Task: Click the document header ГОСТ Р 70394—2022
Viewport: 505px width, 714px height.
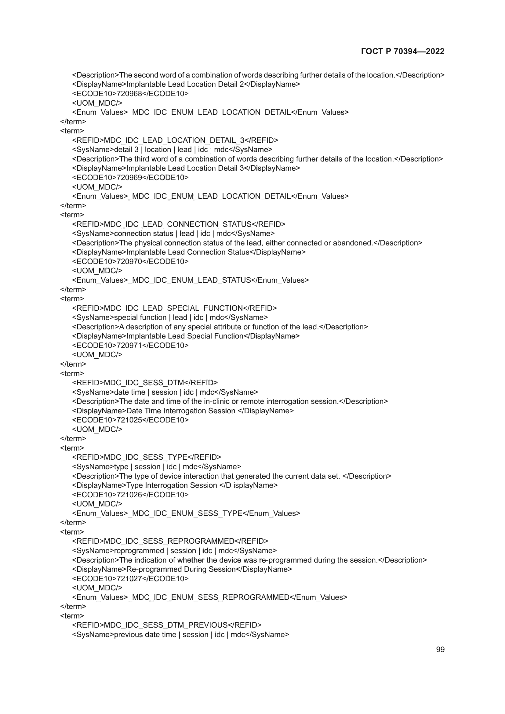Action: click(403, 51)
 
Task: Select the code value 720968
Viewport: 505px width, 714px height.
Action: click(129, 94)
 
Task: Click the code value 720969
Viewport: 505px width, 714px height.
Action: click(129, 178)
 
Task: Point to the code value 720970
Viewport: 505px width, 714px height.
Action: click(129, 262)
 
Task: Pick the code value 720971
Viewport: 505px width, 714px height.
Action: click(129, 346)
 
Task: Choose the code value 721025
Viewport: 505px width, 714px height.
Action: click(129, 420)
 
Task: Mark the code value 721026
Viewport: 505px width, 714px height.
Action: click(129, 495)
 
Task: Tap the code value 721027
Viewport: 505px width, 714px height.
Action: click(129, 579)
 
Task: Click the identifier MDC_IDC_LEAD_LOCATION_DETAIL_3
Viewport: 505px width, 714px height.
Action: click(174, 140)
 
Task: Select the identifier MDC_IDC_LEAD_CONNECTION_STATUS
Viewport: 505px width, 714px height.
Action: click(178, 224)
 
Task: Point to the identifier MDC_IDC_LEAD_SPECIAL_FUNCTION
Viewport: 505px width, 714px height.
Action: click(173, 308)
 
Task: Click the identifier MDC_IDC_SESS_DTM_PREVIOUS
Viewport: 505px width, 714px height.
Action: click(166, 625)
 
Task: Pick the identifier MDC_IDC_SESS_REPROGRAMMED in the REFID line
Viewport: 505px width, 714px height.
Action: click(169, 542)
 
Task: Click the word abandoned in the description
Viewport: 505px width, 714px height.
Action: click(353, 243)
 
